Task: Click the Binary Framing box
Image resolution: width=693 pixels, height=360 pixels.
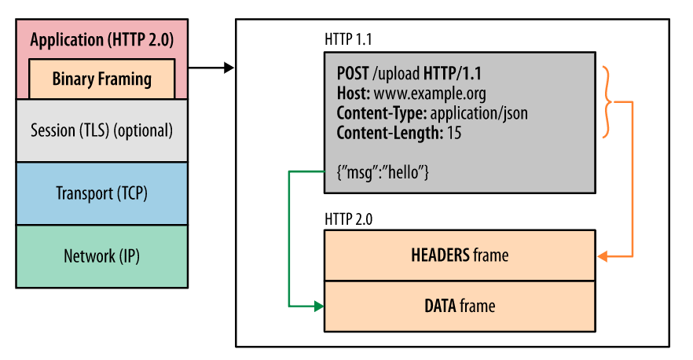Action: (101, 79)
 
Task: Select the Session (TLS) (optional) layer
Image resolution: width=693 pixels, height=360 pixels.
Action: (101, 130)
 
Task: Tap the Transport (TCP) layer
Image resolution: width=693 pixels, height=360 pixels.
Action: (101, 193)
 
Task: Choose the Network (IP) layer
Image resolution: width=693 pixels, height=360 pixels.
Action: (101, 255)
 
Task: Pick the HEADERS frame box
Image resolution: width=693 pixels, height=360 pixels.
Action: (459, 255)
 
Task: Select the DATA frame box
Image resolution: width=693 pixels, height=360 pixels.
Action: (459, 306)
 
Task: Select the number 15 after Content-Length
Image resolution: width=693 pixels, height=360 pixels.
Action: (453, 133)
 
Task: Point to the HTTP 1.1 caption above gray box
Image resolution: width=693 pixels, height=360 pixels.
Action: (349, 39)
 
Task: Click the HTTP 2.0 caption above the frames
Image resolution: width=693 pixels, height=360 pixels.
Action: (349, 218)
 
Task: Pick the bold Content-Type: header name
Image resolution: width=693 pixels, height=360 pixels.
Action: (381, 113)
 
